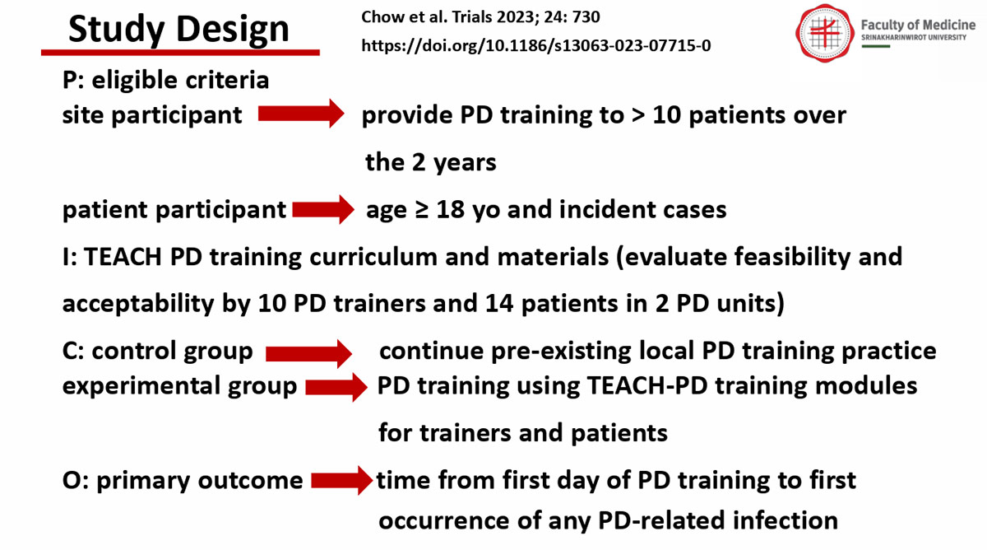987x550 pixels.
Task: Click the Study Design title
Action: point(178,30)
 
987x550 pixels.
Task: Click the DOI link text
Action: point(535,45)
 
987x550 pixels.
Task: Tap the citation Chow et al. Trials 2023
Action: point(480,16)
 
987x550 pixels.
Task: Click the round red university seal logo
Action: point(824,33)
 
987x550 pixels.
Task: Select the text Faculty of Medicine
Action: point(918,25)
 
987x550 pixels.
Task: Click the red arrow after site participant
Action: point(301,114)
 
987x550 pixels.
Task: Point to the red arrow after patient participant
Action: point(323,209)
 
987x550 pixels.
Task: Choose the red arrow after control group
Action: point(308,353)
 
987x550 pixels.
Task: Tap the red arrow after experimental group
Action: point(336,387)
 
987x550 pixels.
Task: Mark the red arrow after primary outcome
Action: point(342,480)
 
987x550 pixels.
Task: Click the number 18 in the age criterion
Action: point(451,209)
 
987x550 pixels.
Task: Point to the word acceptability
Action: point(138,304)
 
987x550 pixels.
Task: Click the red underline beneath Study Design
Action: point(180,53)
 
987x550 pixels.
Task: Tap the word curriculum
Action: point(373,257)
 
